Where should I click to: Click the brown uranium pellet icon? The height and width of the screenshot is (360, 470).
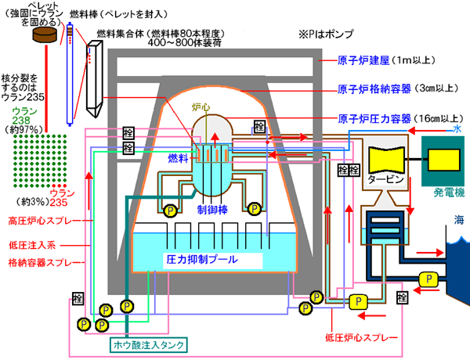[45, 36]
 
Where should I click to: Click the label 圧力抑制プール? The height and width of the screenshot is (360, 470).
[201, 257]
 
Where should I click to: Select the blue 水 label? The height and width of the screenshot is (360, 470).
[457, 128]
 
